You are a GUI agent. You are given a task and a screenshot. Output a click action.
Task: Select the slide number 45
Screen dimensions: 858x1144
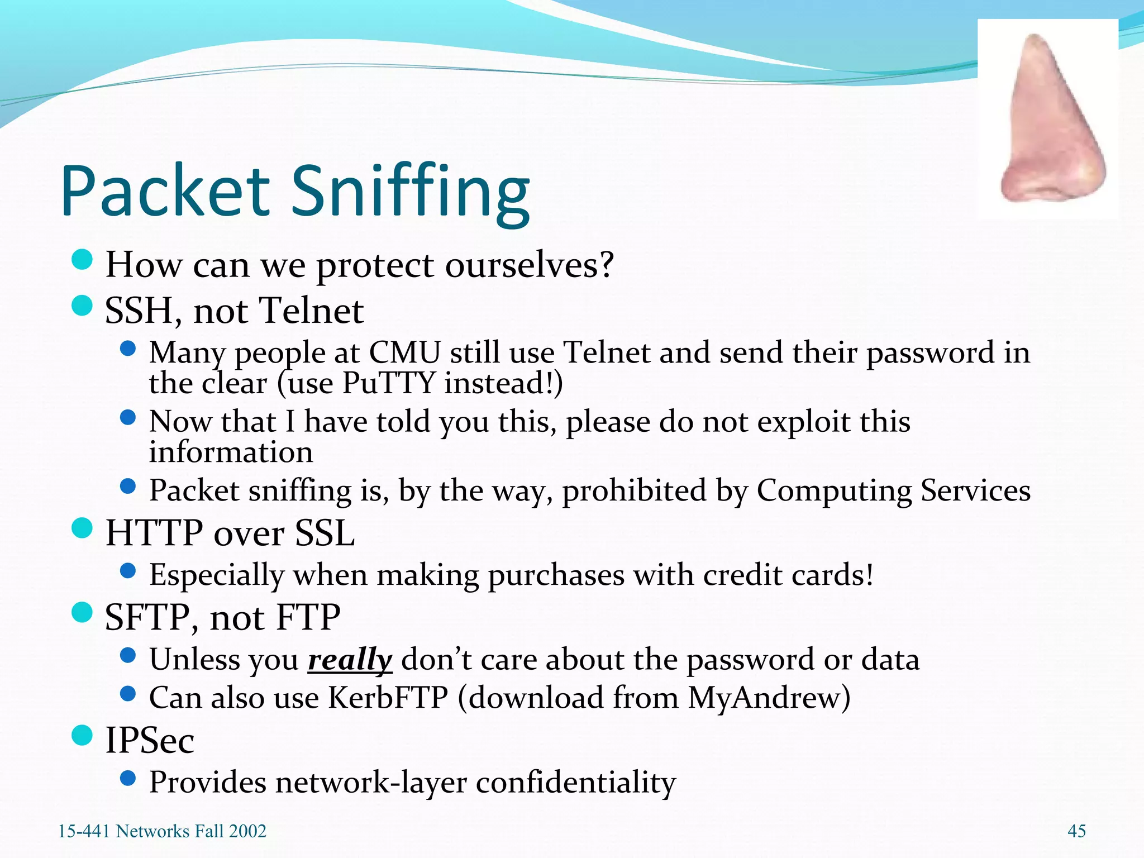point(1076,831)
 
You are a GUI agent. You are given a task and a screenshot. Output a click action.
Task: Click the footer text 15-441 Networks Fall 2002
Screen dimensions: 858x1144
point(162,831)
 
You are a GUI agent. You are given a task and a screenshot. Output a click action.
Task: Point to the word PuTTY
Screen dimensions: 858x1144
point(388,384)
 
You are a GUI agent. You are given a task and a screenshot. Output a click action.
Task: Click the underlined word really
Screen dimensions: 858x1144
point(350,660)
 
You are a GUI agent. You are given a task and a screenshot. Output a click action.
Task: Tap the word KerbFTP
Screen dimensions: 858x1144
point(388,698)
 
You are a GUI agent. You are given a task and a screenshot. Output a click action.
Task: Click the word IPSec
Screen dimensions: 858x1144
point(150,740)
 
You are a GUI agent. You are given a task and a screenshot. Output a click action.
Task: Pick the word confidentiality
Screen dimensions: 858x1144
point(576,783)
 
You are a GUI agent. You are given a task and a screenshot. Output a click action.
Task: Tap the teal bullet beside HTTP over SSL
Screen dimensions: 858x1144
point(82,528)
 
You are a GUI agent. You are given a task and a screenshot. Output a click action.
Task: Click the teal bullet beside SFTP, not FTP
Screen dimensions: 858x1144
point(82,612)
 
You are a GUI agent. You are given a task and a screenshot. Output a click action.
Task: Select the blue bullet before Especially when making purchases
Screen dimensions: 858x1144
point(128,570)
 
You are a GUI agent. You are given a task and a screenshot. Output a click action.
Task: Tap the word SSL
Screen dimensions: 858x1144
point(325,533)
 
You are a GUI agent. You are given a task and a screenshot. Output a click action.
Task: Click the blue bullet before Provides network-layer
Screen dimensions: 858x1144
point(128,778)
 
